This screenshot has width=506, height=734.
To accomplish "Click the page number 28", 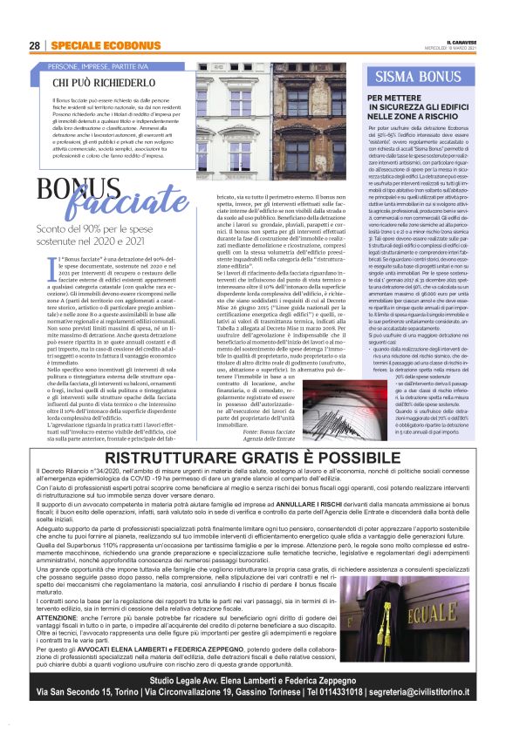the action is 34,45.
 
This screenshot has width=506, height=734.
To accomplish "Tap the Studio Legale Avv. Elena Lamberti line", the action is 252,675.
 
